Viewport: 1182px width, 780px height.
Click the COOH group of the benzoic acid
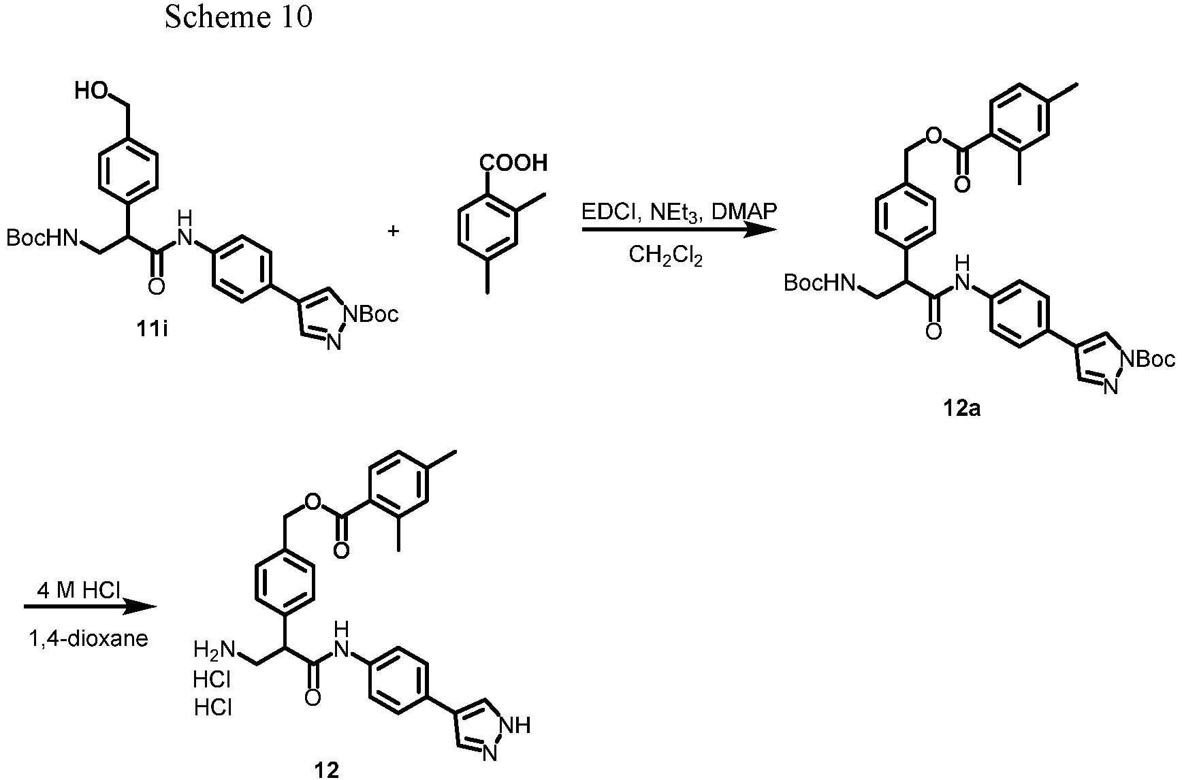513,163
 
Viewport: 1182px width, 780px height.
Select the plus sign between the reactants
393,231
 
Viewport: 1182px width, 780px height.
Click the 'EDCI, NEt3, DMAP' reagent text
678,212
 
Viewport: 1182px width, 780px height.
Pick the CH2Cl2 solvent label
665,257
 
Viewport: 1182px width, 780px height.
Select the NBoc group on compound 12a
1148,359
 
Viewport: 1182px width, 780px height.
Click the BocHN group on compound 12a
819,282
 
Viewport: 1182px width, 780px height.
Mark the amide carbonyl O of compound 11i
157,287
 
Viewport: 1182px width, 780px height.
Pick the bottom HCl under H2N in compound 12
213,709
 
